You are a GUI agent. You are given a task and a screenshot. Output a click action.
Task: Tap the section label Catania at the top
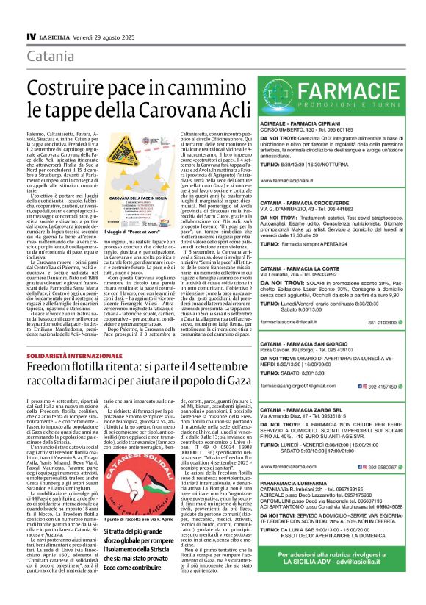50,57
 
